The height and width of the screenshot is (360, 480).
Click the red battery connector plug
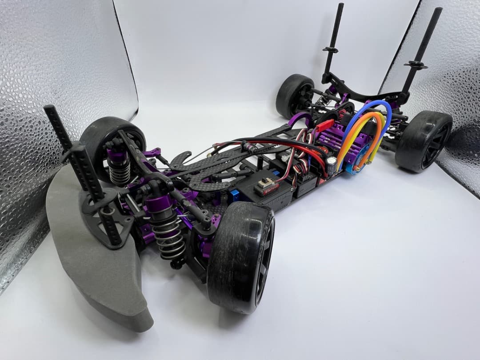tap(324, 126)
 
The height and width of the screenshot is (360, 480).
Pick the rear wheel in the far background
tap(294, 96)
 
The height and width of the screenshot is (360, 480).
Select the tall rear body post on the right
tap(422, 49)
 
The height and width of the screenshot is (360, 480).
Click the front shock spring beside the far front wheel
tap(118, 169)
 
